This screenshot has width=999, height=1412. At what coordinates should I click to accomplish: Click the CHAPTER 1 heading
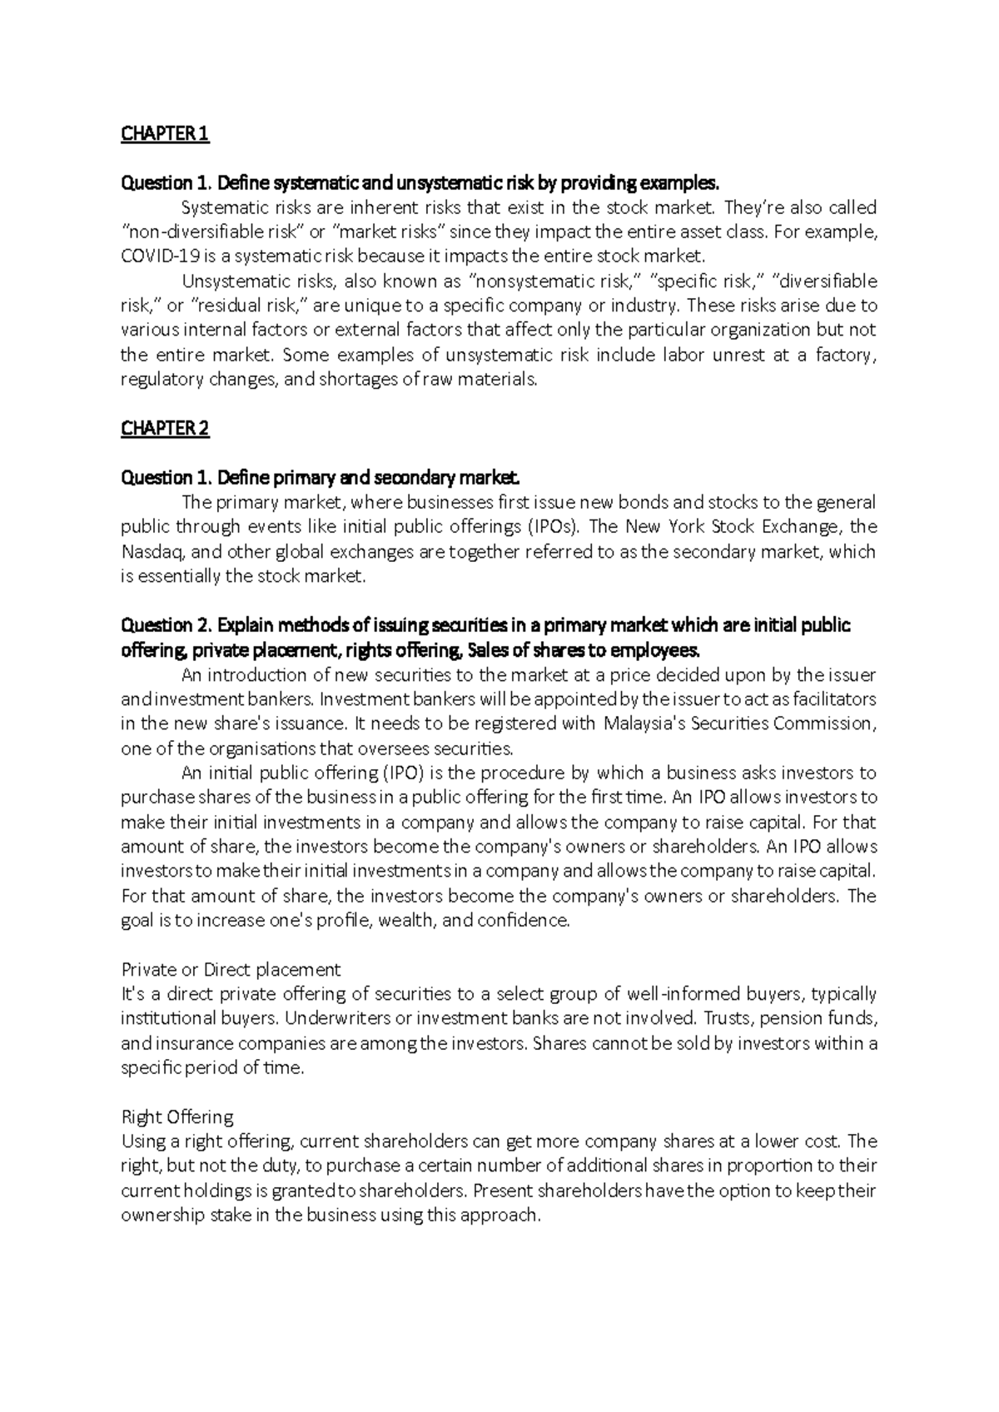(x=165, y=134)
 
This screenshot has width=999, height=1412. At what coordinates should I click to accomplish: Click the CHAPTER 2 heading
(x=165, y=429)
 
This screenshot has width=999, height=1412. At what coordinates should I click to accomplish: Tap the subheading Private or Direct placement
(x=231, y=970)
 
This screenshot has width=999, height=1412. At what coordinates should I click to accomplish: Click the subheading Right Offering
(x=177, y=1117)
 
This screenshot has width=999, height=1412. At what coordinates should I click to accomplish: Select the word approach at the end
(x=507, y=1216)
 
